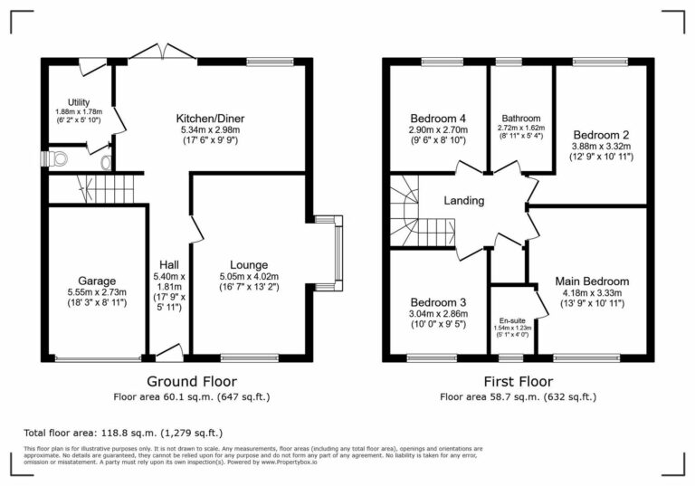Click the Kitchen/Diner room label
[x=210, y=119]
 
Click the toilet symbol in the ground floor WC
[x=61, y=159]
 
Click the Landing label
[x=464, y=201]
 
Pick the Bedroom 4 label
[x=438, y=119]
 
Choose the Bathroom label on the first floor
[x=521, y=119]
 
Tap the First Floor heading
[x=518, y=381]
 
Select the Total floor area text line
[x=123, y=433]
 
